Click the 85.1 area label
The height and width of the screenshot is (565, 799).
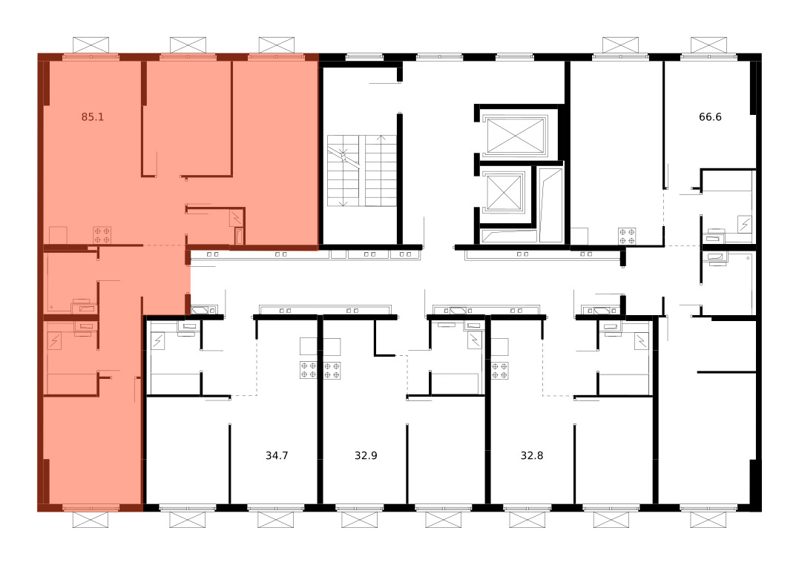click(92, 116)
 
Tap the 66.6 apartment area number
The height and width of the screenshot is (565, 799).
click(710, 116)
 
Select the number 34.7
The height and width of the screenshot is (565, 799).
click(277, 455)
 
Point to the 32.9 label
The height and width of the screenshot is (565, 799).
click(366, 455)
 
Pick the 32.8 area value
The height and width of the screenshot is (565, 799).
click(531, 455)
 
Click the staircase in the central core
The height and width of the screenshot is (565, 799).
click(362, 171)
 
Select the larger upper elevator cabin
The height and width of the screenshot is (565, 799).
click(515, 135)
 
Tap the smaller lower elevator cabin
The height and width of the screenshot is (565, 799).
click(504, 193)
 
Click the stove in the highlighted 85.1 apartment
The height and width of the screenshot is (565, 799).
click(102, 235)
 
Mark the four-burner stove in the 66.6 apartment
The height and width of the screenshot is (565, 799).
click(628, 237)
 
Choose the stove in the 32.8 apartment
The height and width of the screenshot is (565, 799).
click(499, 371)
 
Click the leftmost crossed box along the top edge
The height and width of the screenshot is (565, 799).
click(91, 44)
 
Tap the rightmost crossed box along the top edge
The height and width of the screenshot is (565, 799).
click(708, 44)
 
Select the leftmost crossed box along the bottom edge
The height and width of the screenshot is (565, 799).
click(91, 521)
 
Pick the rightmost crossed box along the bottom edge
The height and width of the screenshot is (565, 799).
click(708, 521)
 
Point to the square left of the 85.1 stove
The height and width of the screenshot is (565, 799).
click(58, 235)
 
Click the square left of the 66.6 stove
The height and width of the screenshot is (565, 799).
click(579, 237)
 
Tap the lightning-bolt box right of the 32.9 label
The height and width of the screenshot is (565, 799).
click(475, 340)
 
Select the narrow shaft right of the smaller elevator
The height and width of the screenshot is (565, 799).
click(550, 205)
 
